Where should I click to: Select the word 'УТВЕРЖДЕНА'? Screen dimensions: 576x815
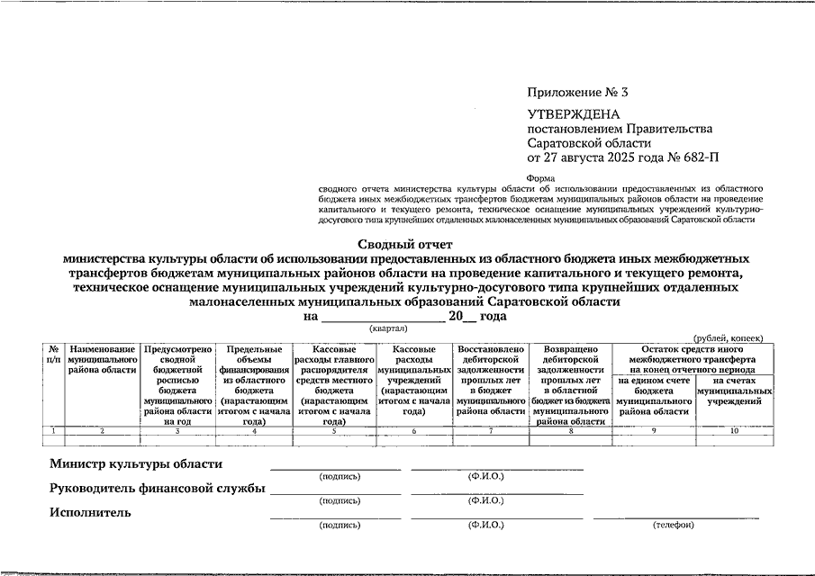[574, 114]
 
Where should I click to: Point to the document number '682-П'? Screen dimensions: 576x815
[700, 157]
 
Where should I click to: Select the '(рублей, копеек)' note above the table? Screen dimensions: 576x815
[729, 337]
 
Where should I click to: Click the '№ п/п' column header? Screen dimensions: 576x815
[54, 354]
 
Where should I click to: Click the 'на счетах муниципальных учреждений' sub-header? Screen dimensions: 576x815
[735, 391]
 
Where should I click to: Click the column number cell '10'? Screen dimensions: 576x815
[734, 432]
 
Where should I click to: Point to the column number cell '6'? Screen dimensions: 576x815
[414, 432]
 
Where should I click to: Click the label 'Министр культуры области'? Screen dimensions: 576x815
[135, 464]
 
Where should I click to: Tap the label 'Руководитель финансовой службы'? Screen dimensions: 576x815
[157, 489]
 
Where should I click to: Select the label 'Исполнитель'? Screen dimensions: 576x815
[90, 512]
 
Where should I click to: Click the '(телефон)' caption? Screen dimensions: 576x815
[674, 525]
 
